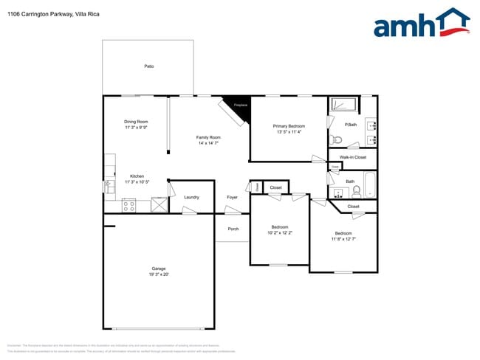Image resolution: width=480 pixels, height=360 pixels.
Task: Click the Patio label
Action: (149, 66)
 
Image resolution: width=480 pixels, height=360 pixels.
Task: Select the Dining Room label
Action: (136, 121)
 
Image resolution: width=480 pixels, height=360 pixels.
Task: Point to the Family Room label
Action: (208, 137)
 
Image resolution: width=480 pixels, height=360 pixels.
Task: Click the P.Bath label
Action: (352, 125)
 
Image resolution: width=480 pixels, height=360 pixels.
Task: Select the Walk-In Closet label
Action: (352, 157)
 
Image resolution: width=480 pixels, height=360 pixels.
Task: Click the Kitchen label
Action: (137, 176)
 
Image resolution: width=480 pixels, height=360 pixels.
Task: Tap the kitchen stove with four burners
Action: (128, 206)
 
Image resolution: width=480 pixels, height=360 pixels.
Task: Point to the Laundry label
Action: (191, 197)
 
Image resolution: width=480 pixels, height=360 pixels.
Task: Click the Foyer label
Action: (232, 197)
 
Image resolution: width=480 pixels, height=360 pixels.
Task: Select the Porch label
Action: (233, 229)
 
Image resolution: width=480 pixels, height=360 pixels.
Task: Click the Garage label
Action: (159, 268)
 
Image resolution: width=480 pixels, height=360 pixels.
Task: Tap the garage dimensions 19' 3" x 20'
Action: (159, 274)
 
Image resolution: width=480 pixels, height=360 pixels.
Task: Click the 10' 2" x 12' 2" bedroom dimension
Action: (280, 233)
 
